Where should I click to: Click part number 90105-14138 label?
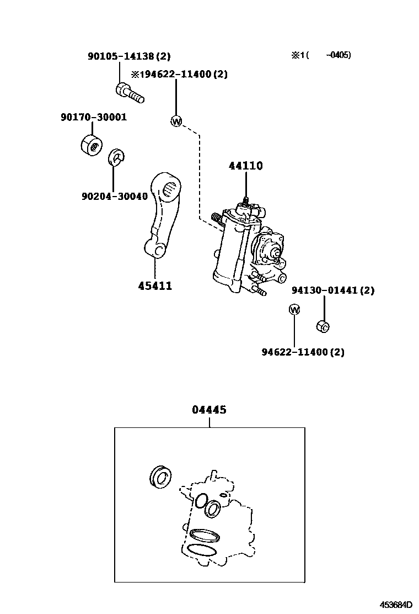(129, 56)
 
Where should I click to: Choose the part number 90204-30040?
(115, 197)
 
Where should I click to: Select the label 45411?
(155, 286)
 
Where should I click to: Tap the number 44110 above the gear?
(245, 166)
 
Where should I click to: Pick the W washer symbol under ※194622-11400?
(176, 121)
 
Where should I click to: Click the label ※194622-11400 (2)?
(179, 74)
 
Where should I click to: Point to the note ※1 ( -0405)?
(321, 55)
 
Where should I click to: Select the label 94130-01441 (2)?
(332, 290)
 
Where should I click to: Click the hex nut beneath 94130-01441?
(323, 326)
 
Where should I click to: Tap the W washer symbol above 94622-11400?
(294, 310)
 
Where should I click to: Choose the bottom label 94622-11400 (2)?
(303, 352)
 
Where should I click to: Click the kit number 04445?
(209, 410)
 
